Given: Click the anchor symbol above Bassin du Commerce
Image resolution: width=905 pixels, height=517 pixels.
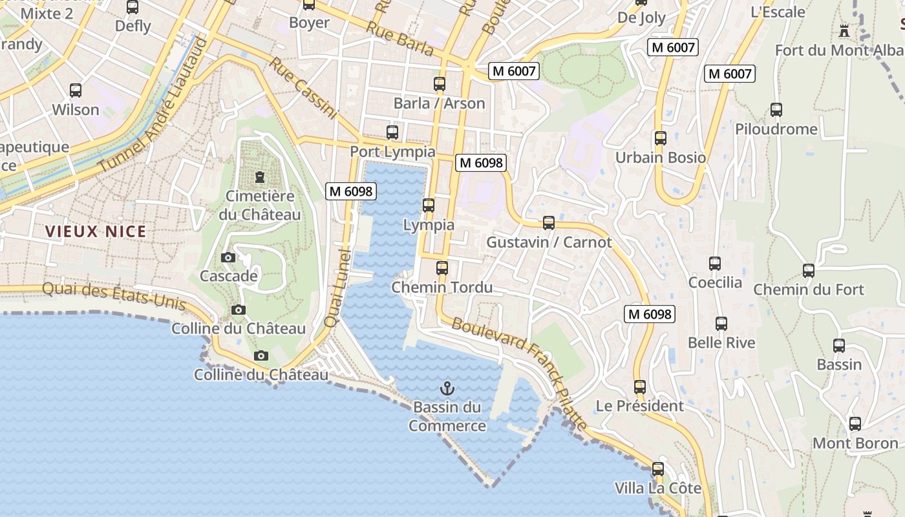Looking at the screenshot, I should click(447, 388).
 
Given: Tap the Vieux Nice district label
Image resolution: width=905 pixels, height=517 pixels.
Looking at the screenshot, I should click(96, 231).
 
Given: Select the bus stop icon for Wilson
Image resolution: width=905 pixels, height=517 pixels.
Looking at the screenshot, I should click(76, 90).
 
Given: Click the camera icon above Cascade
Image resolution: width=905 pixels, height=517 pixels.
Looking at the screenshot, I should click(228, 257).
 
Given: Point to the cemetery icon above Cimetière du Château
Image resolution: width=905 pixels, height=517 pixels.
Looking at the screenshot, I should click(260, 176).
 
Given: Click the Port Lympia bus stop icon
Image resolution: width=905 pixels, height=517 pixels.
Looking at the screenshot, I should click(392, 132).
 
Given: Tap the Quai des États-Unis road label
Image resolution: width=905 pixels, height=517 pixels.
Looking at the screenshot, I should click(114, 296).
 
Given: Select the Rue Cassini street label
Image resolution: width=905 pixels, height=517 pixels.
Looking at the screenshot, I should click(304, 89).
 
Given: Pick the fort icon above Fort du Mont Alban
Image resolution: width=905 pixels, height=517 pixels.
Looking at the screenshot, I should click(844, 30).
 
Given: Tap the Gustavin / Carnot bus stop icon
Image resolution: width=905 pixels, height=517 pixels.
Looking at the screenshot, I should click(549, 223).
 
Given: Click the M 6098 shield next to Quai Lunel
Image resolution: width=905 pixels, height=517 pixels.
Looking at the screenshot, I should click(351, 191).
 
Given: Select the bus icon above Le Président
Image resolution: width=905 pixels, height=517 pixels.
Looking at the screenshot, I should click(640, 387).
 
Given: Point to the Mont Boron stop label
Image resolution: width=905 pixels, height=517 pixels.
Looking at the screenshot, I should click(855, 443).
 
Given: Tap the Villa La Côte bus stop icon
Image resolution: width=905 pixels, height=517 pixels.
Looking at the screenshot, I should click(658, 469).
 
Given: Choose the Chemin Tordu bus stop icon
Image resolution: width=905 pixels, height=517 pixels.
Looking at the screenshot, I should click(442, 268).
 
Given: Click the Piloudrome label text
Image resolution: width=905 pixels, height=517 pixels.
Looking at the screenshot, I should click(776, 129).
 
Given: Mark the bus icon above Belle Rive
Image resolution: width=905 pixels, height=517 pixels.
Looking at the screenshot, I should click(721, 324).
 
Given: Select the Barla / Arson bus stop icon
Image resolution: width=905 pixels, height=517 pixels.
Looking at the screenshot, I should click(440, 84).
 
